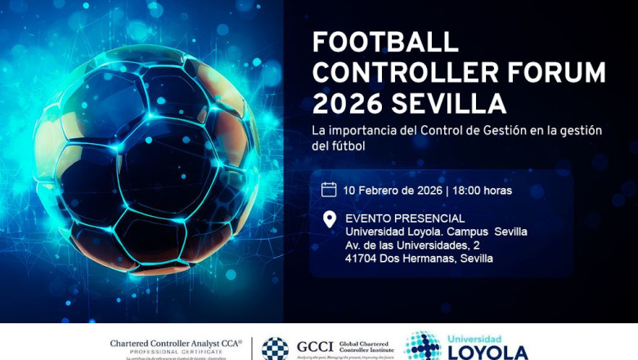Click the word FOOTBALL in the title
click(386, 43)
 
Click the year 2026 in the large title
click(348, 105)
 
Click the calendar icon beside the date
click(329, 190)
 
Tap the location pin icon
click(329, 219)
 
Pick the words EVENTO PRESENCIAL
click(405, 218)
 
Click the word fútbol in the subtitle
click(348, 146)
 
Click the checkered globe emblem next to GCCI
click(275, 348)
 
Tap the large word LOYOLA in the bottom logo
click(487, 353)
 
